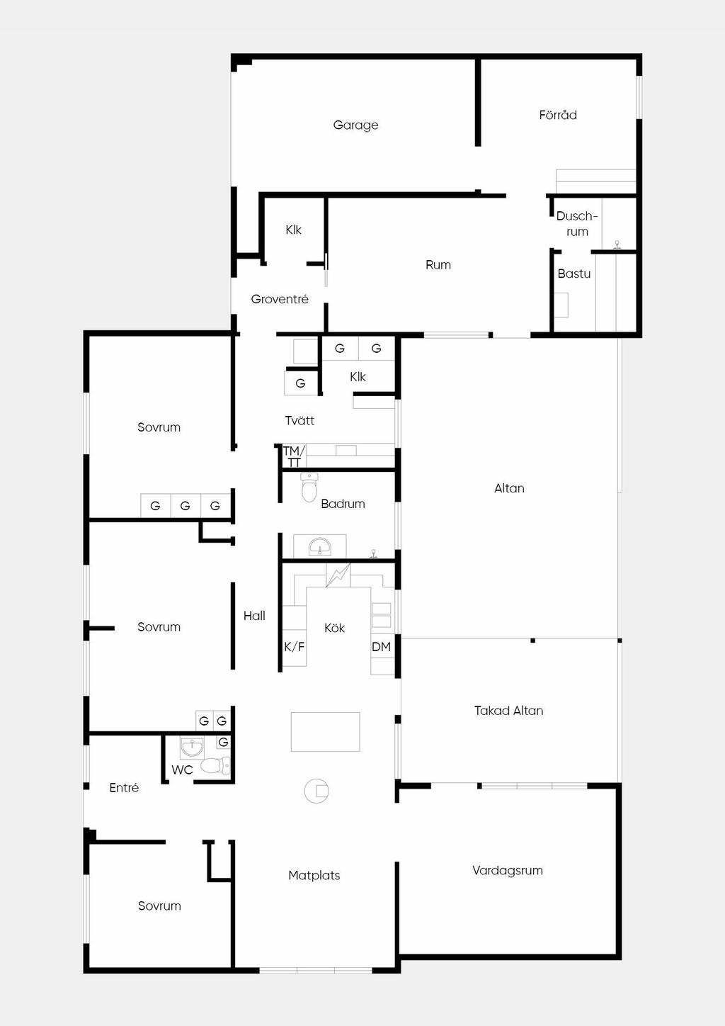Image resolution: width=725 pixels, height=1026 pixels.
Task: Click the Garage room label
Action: (x=355, y=125)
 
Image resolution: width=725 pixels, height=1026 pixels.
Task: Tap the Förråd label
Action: (x=557, y=115)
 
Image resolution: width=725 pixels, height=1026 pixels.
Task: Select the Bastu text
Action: (x=574, y=274)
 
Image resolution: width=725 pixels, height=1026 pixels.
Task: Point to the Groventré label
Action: (x=280, y=299)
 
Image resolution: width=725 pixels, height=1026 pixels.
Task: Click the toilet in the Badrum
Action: (x=310, y=487)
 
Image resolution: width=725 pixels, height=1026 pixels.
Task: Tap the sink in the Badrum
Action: (x=320, y=546)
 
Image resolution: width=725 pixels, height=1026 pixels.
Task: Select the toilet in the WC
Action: (x=215, y=765)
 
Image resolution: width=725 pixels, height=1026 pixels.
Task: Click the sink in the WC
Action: (x=191, y=748)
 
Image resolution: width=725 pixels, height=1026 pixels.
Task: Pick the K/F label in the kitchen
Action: (x=295, y=647)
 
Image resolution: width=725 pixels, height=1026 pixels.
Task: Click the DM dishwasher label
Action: (x=382, y=647)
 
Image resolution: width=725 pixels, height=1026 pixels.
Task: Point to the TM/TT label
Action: (x=293, y=456)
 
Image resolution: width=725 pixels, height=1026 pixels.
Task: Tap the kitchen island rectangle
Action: (x=326, y=731)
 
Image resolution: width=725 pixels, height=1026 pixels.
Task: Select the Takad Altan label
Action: (x=508, y=711)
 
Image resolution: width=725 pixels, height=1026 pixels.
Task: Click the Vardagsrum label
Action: (x=508, y=870)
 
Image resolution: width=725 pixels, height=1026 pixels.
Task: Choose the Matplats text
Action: (x=314, y=875)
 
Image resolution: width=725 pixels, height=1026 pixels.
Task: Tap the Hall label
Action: (x=254, y=616)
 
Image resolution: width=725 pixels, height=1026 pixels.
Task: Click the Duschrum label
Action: (x=577, y=223)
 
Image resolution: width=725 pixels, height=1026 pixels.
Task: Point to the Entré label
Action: (x=124, y=787)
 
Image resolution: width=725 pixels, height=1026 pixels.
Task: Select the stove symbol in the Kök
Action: (x=338, y=575)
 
